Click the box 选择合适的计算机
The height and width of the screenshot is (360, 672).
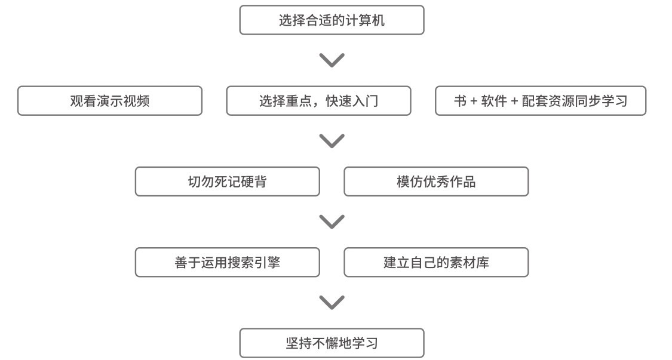[x=332, y=20]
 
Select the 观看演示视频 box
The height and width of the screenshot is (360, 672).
[x=110, y=101]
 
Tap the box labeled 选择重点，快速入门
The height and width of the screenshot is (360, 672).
[x=318, y=101]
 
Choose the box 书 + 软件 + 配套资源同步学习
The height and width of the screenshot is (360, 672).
[x=541, y=101]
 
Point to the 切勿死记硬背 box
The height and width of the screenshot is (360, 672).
[x=227, y=181]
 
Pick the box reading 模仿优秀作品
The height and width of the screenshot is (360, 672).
[x=436, y=181]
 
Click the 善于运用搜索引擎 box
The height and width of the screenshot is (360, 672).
[x=227, y=262]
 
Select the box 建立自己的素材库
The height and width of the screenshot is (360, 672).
[x=436, y=262]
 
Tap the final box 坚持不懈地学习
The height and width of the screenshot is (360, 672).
[x=332, y=343]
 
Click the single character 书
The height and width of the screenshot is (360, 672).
[x=461, y=101]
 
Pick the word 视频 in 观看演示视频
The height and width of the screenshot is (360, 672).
[x=137, y=101]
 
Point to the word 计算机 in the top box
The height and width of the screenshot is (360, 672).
[x=365, y=20]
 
